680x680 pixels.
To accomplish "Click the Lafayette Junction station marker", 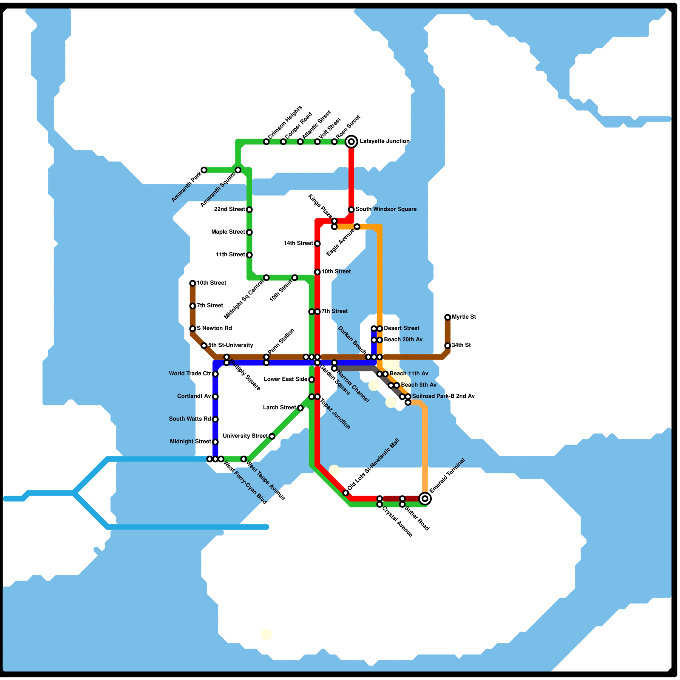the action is [351, 142].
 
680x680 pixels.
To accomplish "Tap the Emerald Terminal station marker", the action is [425, 499].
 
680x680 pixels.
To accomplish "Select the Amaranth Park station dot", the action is [204, 170].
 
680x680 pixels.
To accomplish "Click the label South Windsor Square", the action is [386, 209].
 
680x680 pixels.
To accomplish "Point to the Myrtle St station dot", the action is [448, 317].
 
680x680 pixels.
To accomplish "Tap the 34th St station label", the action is [461, 345].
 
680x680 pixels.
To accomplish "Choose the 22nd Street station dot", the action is [249, 210].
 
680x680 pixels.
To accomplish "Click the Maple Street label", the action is [228, 232].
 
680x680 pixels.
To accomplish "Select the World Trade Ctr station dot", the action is [215, 374].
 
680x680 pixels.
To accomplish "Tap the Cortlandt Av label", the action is [194, 397].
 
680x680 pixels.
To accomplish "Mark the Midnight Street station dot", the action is [215, 442].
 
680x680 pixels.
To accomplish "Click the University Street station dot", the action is [272, 436].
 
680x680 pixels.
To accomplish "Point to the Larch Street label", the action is [279, 408].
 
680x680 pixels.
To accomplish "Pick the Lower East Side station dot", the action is [312, 380].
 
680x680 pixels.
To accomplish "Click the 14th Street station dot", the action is [317, 244].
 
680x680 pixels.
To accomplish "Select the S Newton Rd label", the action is [214, 328].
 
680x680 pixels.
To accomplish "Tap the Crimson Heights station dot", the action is [266, 142].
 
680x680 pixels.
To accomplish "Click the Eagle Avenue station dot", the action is [357, 227].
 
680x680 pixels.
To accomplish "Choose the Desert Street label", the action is [401, 328].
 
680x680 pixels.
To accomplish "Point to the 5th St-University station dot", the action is [204, 346].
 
